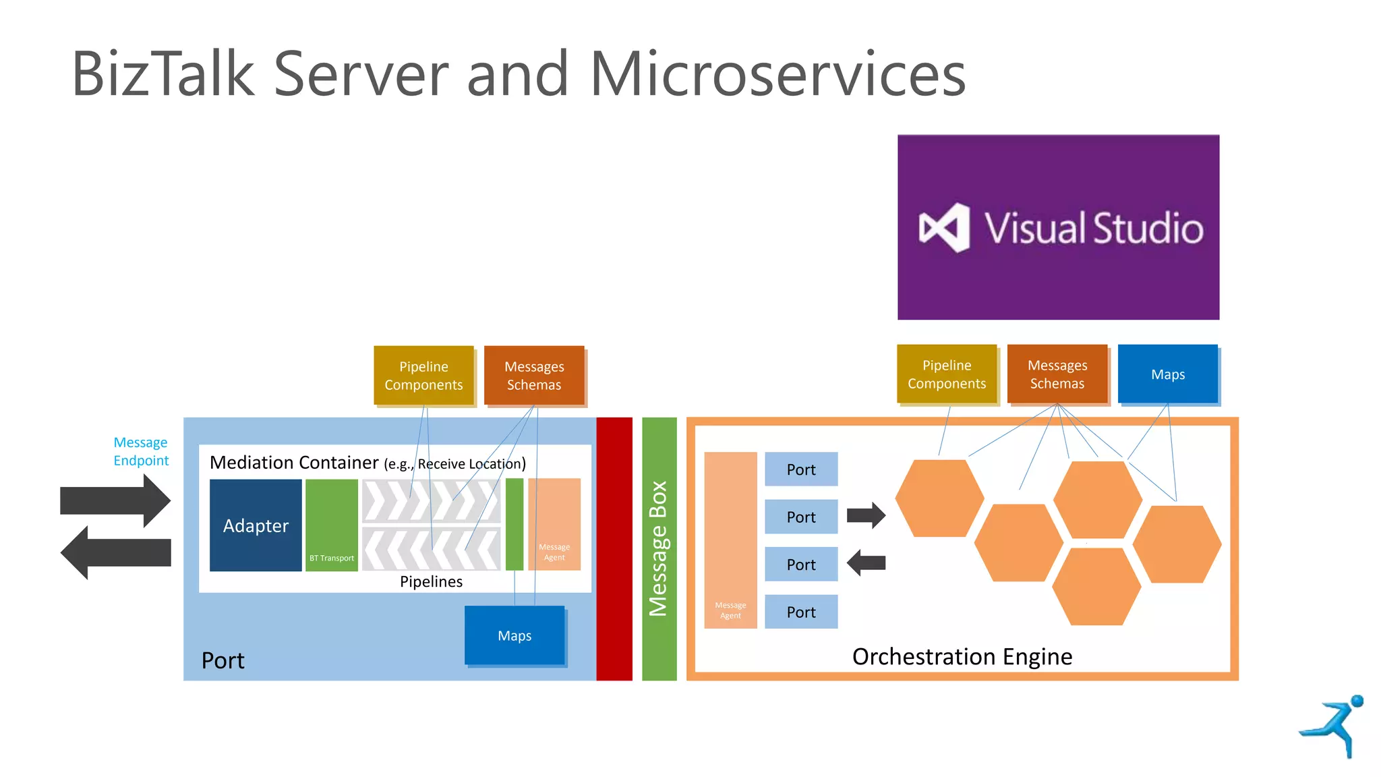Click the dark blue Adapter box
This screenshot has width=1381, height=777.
coord(256,525)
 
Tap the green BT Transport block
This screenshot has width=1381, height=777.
coord(331,525)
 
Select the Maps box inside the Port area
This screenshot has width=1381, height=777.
coord(515,635)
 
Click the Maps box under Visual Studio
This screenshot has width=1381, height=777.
coord(1167,374)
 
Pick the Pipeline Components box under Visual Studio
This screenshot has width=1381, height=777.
coord(947,374)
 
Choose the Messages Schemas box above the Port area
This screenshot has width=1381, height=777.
coord(534,376)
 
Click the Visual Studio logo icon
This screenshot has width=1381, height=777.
coord(944,228)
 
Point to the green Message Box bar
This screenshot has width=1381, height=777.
coord(659,548)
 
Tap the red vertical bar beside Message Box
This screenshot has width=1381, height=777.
coord(614,548)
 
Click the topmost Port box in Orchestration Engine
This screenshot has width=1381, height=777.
coord(801,469)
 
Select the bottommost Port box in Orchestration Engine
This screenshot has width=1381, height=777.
coord(801,612)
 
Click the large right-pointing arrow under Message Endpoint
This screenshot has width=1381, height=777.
coord(115,501)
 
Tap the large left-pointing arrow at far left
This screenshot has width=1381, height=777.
coord(115,552)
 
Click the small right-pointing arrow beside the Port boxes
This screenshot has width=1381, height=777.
coord(866,515)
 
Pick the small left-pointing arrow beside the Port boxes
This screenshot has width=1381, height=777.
coord(866,563)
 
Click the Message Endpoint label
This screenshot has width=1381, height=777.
coord(141,451)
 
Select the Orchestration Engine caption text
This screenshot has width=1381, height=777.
coord(962,656)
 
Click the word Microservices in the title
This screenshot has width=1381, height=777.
coord(777,74)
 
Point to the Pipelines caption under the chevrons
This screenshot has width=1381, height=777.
coord(431,581)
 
